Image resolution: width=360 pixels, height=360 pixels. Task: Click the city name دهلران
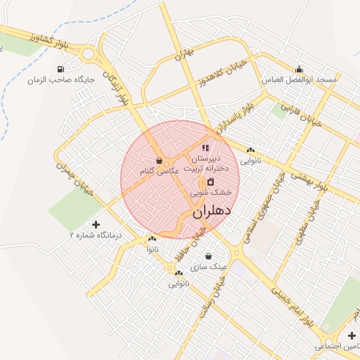pos(212,210)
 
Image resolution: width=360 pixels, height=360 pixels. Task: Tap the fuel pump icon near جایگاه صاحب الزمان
pos(60,69)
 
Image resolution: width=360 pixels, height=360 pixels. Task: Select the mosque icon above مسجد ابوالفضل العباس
pos(300,69)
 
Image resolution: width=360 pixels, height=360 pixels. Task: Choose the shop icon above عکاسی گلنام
pos(160,160)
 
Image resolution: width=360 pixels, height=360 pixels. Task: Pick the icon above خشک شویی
pos(210,182)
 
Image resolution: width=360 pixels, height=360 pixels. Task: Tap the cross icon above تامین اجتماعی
pos(352,335)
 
